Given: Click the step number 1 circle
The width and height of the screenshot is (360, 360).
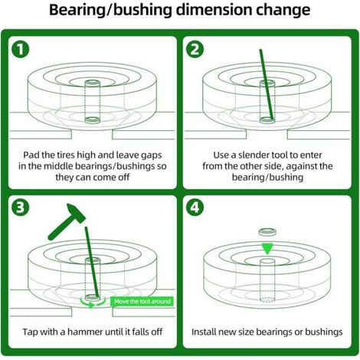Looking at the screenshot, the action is pos(21,49).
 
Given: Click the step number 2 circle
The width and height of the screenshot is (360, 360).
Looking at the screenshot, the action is pos(195,49).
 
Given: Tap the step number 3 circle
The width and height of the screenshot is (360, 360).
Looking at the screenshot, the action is pos(21,207).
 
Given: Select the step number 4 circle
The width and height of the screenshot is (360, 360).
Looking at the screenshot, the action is pos(195,207).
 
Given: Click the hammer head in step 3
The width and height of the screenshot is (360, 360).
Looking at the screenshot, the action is pos(76,212).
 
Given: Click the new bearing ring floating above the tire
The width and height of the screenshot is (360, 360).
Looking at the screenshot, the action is pos(267,232).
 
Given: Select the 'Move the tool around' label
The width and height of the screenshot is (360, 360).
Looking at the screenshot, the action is pos(142,301).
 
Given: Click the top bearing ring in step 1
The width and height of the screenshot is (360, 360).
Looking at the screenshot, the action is pos(92,83).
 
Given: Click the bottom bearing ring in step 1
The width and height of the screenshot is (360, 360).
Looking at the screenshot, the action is pos(92,119).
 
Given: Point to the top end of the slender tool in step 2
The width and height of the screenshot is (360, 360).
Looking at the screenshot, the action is pos(260,51).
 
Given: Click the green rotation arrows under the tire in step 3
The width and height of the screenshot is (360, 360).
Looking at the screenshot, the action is pos(93,303).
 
